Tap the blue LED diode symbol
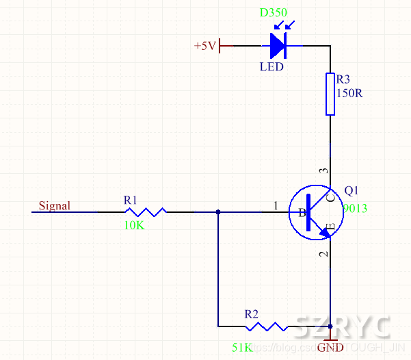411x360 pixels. [x=278, y=45]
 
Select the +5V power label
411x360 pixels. [x=205, y=46]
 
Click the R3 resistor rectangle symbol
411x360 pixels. [x=330, y=94]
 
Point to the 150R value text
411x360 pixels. [x=349, y=93]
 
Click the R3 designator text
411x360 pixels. [x=343, y=79]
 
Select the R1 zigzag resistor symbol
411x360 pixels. [x=145, y=212]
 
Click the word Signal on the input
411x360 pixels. [x=54, y=205]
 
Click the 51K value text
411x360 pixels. [x=242, y=348]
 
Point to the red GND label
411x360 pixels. [x=331, y=348]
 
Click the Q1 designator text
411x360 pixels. [x=352, y=190]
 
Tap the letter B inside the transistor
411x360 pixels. [x=301, y=213]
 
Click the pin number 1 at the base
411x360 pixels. [x=276, y=205]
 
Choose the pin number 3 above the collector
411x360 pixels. [x=324, y=170]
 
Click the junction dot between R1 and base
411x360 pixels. [x=217, y=212]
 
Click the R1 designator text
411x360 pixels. [x=131, y=200]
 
